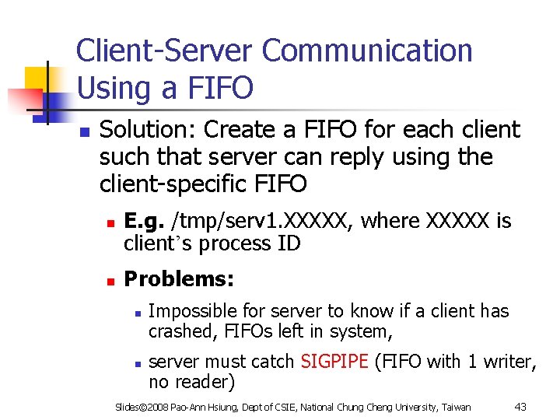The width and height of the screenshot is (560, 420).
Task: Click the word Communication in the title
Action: [367, 51]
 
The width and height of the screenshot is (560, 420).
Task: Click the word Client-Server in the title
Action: [165, 51]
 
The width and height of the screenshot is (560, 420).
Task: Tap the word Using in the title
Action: [116, 87]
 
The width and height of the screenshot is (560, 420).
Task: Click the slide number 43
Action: [521, 407]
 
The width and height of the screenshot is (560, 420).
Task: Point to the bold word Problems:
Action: [179, 278]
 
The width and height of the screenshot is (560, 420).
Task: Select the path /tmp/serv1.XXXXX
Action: [257, 222]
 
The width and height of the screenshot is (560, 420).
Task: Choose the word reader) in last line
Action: [205, 382]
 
